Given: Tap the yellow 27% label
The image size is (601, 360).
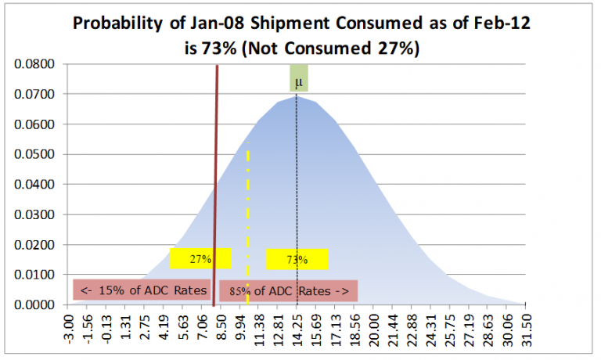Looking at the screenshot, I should click(200, 259).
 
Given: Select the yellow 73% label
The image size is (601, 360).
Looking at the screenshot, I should click(297, 259).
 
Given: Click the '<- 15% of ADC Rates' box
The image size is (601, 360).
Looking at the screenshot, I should click(142, 290).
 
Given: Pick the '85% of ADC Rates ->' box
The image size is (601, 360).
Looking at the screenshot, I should click(288, 291).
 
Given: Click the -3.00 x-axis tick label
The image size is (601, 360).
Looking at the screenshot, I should click(70, 329).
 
